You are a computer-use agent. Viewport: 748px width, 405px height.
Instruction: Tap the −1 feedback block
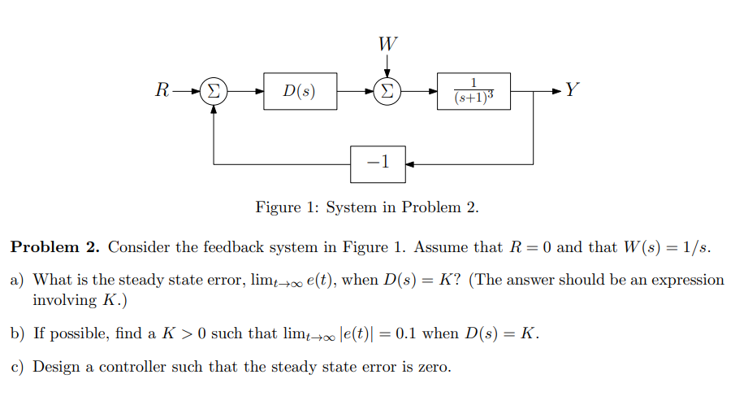click(x=378, y=163)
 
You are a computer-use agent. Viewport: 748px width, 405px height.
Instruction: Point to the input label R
click(x=162, y=90)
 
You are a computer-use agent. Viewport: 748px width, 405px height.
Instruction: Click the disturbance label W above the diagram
click(x=387, y=42)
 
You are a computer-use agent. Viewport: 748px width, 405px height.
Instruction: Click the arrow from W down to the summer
click(x=387, y=65)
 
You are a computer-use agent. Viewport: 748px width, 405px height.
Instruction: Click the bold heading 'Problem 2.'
click(x=56, y=247)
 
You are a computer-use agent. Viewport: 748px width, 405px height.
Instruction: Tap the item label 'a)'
click(x=18, y=281)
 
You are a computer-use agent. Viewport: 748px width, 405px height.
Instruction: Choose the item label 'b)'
click(x=18, y=334)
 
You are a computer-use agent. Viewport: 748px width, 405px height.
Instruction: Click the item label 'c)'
click(x=18, y=367)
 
